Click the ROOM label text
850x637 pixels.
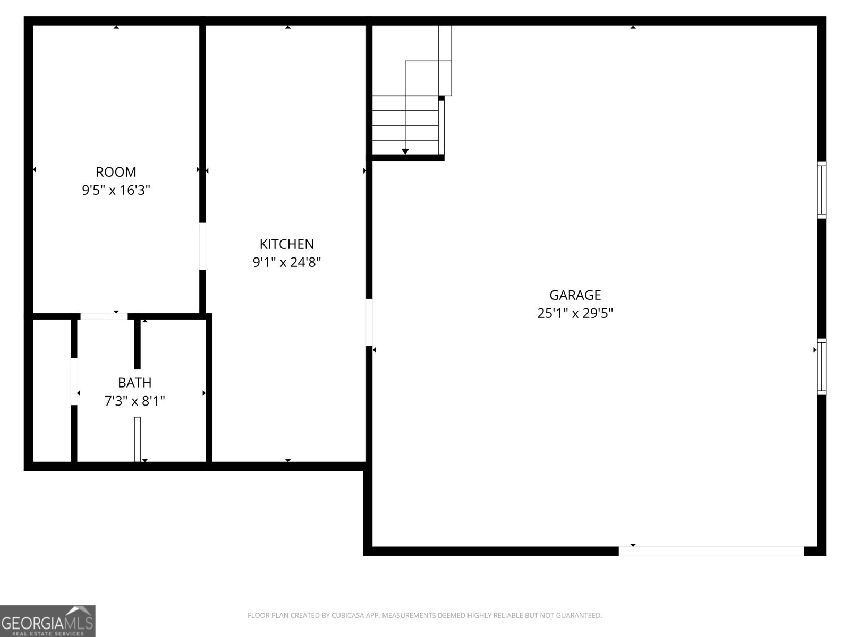point(116,172)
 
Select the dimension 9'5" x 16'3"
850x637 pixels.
point(116,190)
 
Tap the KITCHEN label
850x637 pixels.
point(286,244)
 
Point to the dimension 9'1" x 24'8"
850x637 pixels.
point(286,262)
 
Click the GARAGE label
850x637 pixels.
point(575,295)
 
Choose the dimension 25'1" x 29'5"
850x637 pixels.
point(575,313)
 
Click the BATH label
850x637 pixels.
point(134,383)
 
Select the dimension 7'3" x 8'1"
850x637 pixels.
point(134,401)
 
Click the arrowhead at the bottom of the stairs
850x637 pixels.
point(405,152)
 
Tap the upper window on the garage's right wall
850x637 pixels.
point(821,190)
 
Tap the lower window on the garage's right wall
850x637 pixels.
point(821,366)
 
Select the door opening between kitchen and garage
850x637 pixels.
point(369,322)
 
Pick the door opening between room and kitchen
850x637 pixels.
point(202,246)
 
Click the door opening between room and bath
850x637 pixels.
point(104,316)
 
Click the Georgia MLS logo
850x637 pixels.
point(47,621)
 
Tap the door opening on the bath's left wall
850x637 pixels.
point(74,381)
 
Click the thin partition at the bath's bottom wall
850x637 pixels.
point(137,439)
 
